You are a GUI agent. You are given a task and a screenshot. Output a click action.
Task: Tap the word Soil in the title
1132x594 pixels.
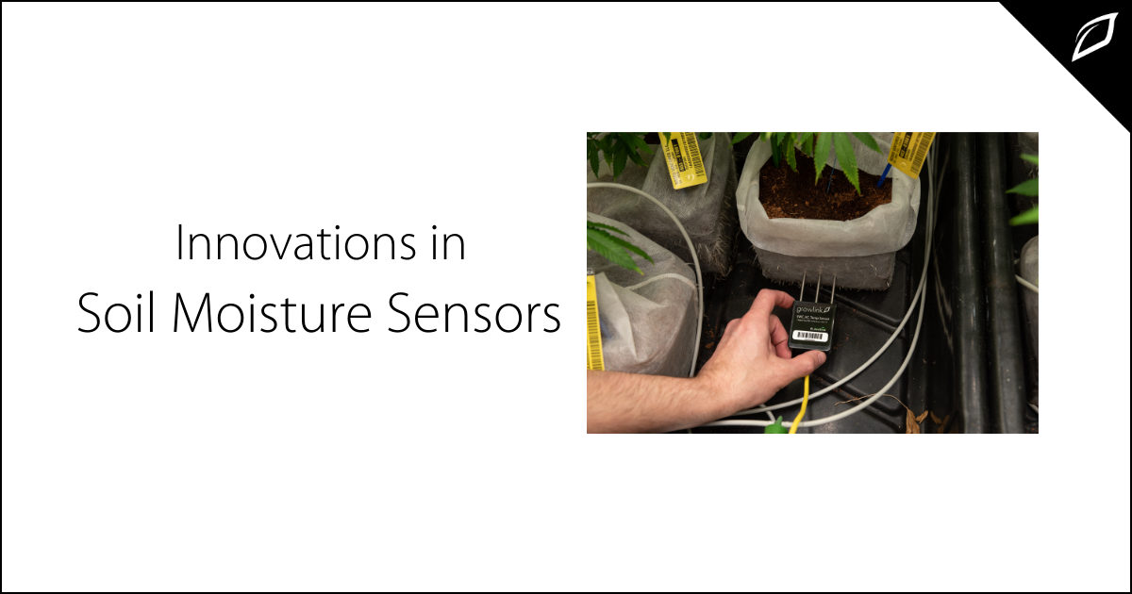(x=112, y=315)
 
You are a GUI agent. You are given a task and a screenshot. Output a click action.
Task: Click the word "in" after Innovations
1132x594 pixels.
(x=450, y=244)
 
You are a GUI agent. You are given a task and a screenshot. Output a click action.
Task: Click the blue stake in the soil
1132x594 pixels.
(x=886, y=175)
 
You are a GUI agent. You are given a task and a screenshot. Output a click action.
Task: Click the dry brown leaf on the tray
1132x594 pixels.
(x=914, y=420)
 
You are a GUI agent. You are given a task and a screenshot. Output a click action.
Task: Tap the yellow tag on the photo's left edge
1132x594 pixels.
(x=593, y=322)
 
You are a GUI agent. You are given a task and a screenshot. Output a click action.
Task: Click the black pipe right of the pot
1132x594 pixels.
(x=981, y=283)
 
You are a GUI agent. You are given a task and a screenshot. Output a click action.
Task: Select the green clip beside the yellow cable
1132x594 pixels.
(x=776, y=426)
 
